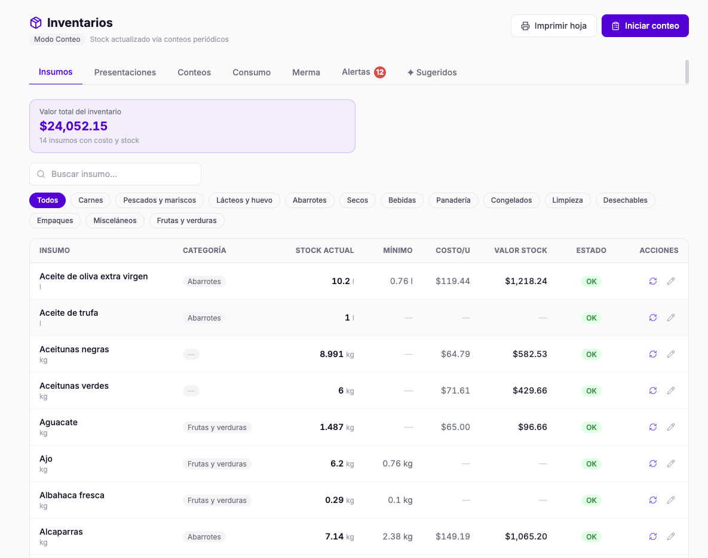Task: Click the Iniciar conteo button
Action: (x=645, y=26)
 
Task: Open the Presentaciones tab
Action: (x=125, y=72)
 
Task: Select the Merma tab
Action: (x=306, y=72)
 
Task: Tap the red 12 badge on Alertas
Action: (x=380, y=72)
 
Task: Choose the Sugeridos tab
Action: (x=432, y=72)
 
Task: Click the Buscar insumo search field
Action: (x=115, y=174)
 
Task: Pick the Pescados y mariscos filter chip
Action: (x=160, y=200)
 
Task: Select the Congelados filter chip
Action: (x=511, y=200)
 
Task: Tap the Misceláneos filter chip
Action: (x=115, y=221)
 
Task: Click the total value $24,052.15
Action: (x=73, y=126)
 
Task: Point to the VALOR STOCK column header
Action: (x=520, y=251)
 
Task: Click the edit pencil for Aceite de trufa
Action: (x=671, y=318)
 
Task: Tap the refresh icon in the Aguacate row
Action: (x=653, y=427)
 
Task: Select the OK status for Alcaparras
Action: (x=591, y=536)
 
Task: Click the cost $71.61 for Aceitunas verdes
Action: (x=455, y=391)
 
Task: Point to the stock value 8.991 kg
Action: (x=337, y=354)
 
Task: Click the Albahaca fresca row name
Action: (x=72, y=495)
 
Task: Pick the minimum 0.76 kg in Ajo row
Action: (x=397, y=464)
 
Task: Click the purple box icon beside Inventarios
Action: (x=36, y=23)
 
